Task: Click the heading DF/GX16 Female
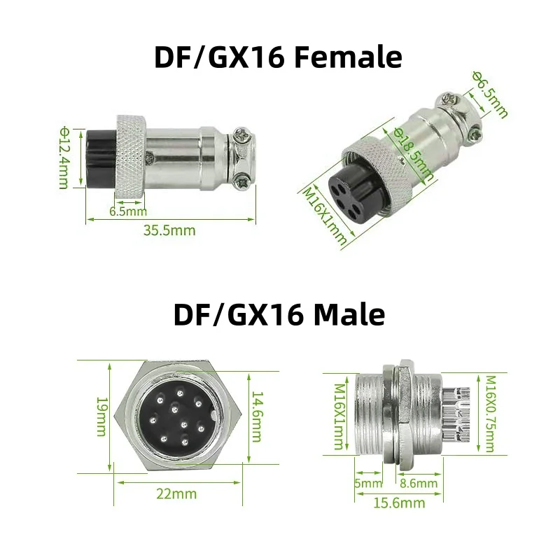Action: pos(278,57)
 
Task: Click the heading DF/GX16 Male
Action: pos(279,314)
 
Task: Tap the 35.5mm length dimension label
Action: pos(169,230)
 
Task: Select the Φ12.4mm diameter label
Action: pos(64,157)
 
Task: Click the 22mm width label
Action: pos(176,493)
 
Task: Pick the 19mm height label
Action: pos(101,416)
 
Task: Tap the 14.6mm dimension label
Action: pos(257,416)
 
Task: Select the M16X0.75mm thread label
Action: pos(489,414)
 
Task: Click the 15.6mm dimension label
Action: pos(399,503)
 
